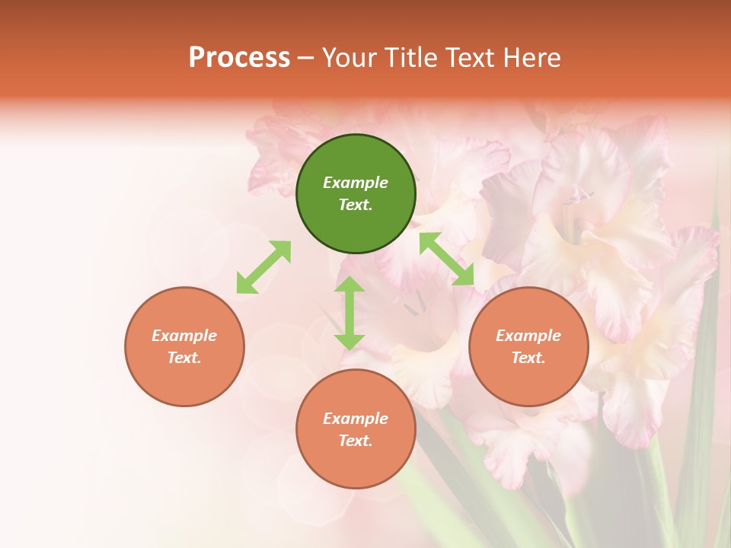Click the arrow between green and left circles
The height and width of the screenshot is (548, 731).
pyautogui.click(x=263, y=267)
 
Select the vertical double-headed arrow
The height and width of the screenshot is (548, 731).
pyautogui.click(x=350, y=313)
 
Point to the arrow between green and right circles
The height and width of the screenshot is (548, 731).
pyautogui.click(x=447, y=259)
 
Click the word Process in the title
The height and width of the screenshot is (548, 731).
pyautogui.click(x=239, y=57)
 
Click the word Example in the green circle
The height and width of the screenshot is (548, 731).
pyautogui.click(x=356, y=183)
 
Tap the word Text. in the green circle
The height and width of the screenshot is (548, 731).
pyautogui.click(x=356, y=205)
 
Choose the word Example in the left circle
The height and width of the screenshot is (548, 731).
pyautogui.click(x=184, y=336)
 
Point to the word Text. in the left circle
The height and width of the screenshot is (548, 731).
pyautogui.click(x=184, y=358)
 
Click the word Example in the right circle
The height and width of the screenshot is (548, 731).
pyautogui.click(x=528, y=336)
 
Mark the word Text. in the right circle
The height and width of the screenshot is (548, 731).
pyautogui.click(x=528, y=358)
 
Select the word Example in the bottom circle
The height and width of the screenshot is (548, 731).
pyautogui.click(x=356, y=419)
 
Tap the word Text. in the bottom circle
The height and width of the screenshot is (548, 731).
pyautogui.click(x=356, y=441)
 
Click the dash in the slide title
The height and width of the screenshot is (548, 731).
pyautogui.click(x=306, y=58)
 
